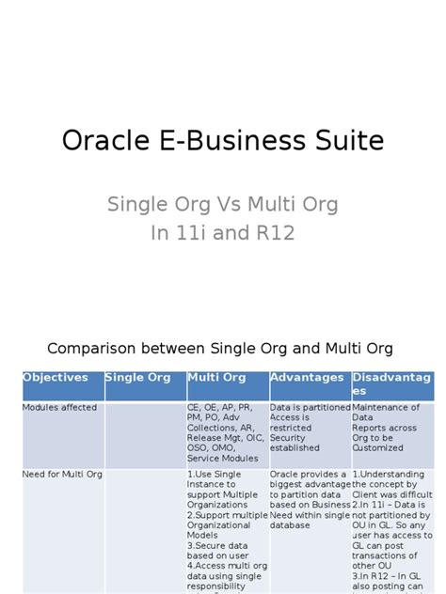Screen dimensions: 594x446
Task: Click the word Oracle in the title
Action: [x=98, y=141]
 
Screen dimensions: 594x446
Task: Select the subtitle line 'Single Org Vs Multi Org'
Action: [x=222, y=204]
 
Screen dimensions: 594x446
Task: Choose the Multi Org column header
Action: [x=217, y=378]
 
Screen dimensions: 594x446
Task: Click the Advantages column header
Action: [x=308, y=378]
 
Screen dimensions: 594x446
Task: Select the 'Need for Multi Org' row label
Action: [x=58, y=475]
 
